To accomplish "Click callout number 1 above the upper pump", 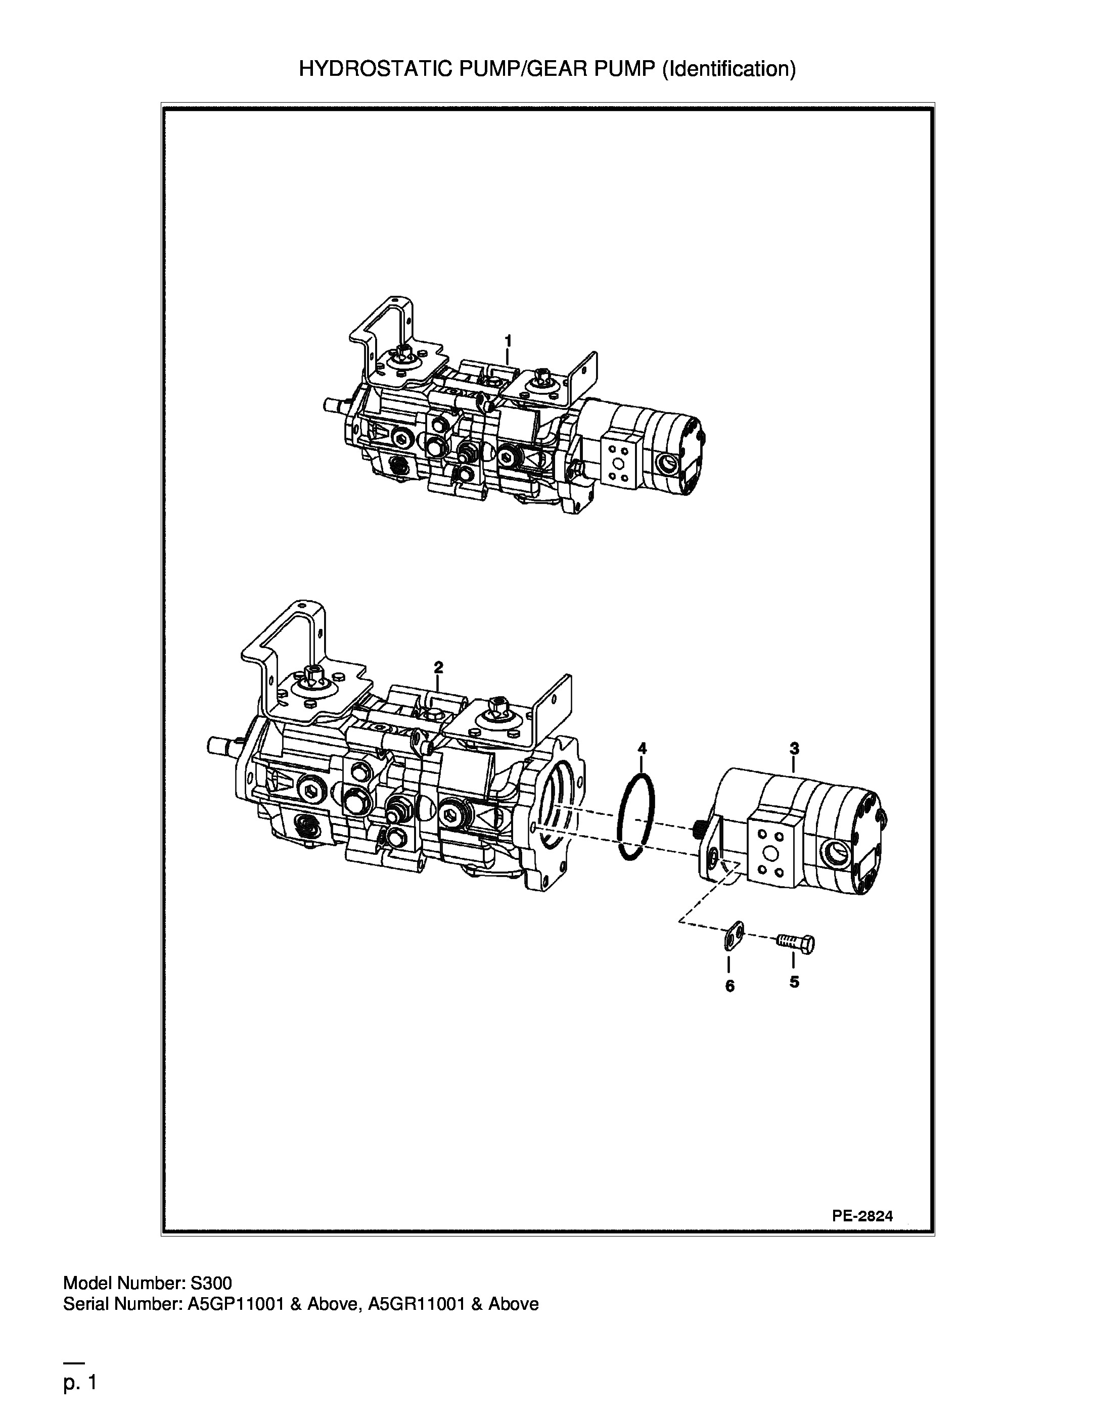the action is [509, 340].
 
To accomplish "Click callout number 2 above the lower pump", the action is [438, 667].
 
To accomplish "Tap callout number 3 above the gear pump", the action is [794, 748].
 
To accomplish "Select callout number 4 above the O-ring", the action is [642, 748].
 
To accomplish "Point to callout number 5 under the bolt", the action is [794, 982].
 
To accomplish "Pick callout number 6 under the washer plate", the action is [730, 986].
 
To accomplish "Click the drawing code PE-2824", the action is [862, 1217].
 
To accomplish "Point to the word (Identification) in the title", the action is [728, 69].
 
